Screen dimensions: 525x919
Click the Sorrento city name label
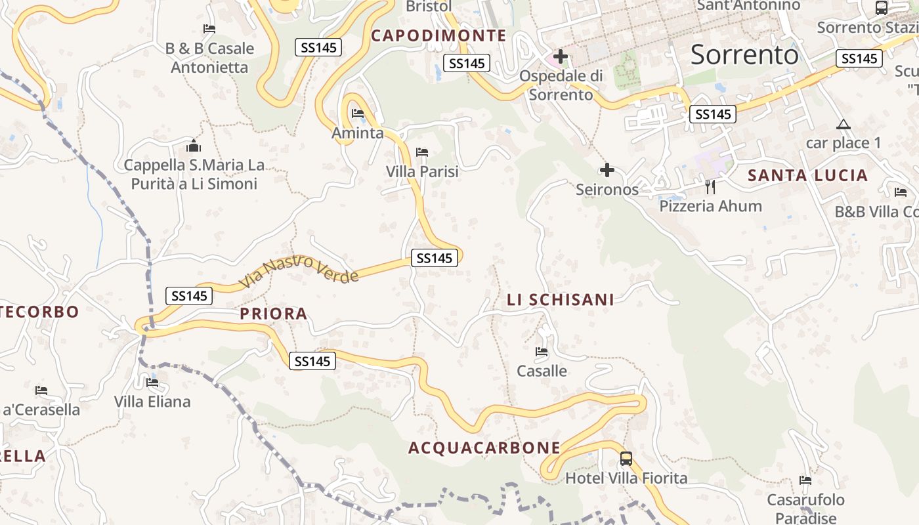(x=744, y=54)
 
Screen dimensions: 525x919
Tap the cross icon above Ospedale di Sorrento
(x=560, y=57)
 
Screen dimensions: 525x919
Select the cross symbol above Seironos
(x=607, y=171)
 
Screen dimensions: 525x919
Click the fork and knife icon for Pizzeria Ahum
(x=710, y=187)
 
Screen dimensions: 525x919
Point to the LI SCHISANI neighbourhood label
(x=561, y=300)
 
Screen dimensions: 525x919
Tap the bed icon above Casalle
(x=542, y=352)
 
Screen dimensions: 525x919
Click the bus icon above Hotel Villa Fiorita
(x=626, y=459)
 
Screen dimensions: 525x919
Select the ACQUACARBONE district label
(x=484, y=448)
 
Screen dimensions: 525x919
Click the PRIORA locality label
(x=274, y=314)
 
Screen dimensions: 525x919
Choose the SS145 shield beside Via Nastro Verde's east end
(x=435, y=258)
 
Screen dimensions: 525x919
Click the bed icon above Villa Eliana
(x=152, y=383)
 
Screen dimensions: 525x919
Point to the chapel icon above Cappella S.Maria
(x=194, y=146)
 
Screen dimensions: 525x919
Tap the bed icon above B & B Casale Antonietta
(x=209, y=29)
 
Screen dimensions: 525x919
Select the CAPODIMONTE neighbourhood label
(x=438, y=35)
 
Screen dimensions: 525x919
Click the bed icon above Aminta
(x=358, y=114)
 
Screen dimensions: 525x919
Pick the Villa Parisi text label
(x=422, y=171)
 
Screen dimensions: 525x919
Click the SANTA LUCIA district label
(x=808, y=175)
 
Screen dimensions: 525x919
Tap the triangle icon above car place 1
(x=844, y=124)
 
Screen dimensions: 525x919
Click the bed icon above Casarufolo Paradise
(x=805, y=481)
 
